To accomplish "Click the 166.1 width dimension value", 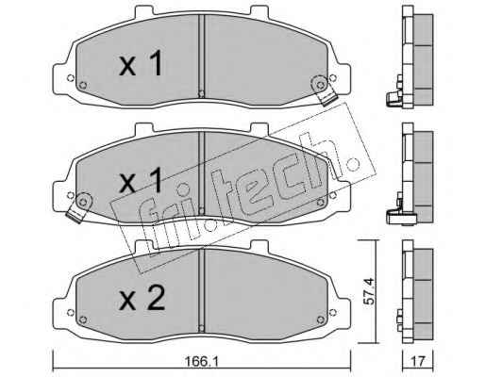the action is [201, 361].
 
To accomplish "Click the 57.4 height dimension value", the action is [369, 291].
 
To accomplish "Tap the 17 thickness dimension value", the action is [418, 361].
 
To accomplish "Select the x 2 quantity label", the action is [142, 299].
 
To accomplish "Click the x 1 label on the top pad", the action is [141, 64].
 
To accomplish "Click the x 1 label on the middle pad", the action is [141, 180].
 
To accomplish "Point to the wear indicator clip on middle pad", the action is [78, 207].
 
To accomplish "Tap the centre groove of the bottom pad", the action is [202, 289].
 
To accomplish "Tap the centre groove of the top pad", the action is [202, 56].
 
